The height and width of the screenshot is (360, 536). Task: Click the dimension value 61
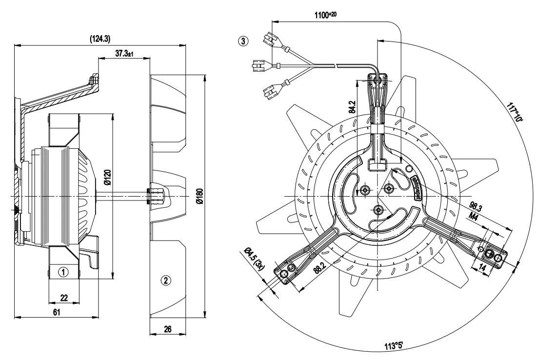57,313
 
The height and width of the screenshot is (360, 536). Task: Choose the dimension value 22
63,298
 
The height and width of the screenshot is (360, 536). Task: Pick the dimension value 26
167,329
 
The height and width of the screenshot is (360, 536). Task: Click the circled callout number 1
62,271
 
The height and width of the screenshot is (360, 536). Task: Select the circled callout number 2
166,280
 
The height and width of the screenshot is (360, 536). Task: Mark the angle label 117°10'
515,112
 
